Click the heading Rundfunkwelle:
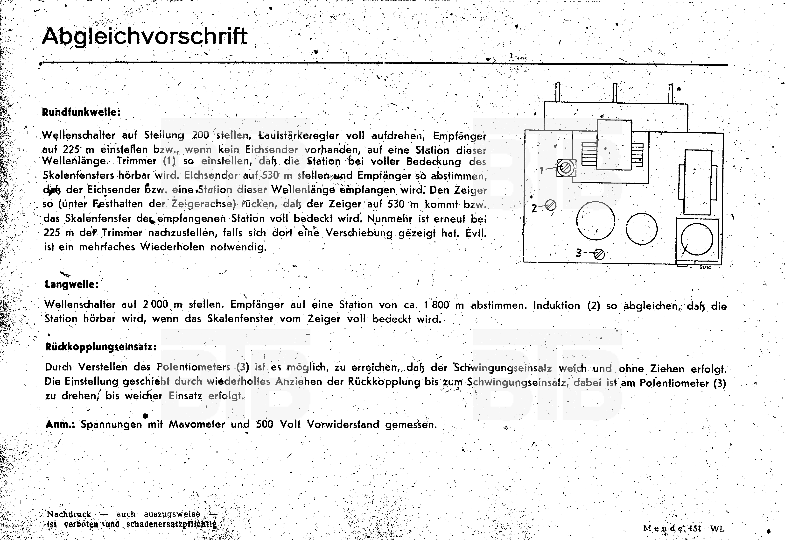pyautogui.click(x=81, y=112)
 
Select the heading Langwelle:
pyautogui.click(x=72, y=284)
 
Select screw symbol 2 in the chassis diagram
pyautogui.click(x=551, y=205)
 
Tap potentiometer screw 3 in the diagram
pyautogui.click(x=599, y=254)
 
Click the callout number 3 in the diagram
pyautogui.click(x=579, y=253)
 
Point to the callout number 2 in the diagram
pyautogui.click(x=534, y=208)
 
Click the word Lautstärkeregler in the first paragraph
pyautogui.click(x=299, y=135)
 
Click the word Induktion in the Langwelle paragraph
pyautogui.click(x=556, y=306)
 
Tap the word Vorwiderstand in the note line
pyautogui.click(x=343, y=424)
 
